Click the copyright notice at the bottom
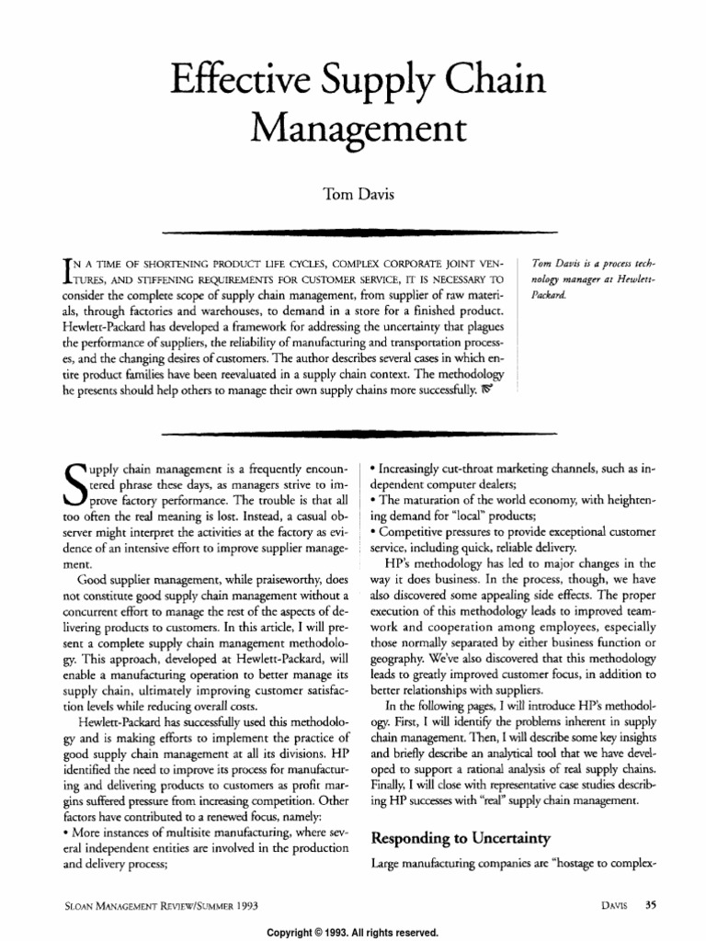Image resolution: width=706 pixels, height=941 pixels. point(352,932)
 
